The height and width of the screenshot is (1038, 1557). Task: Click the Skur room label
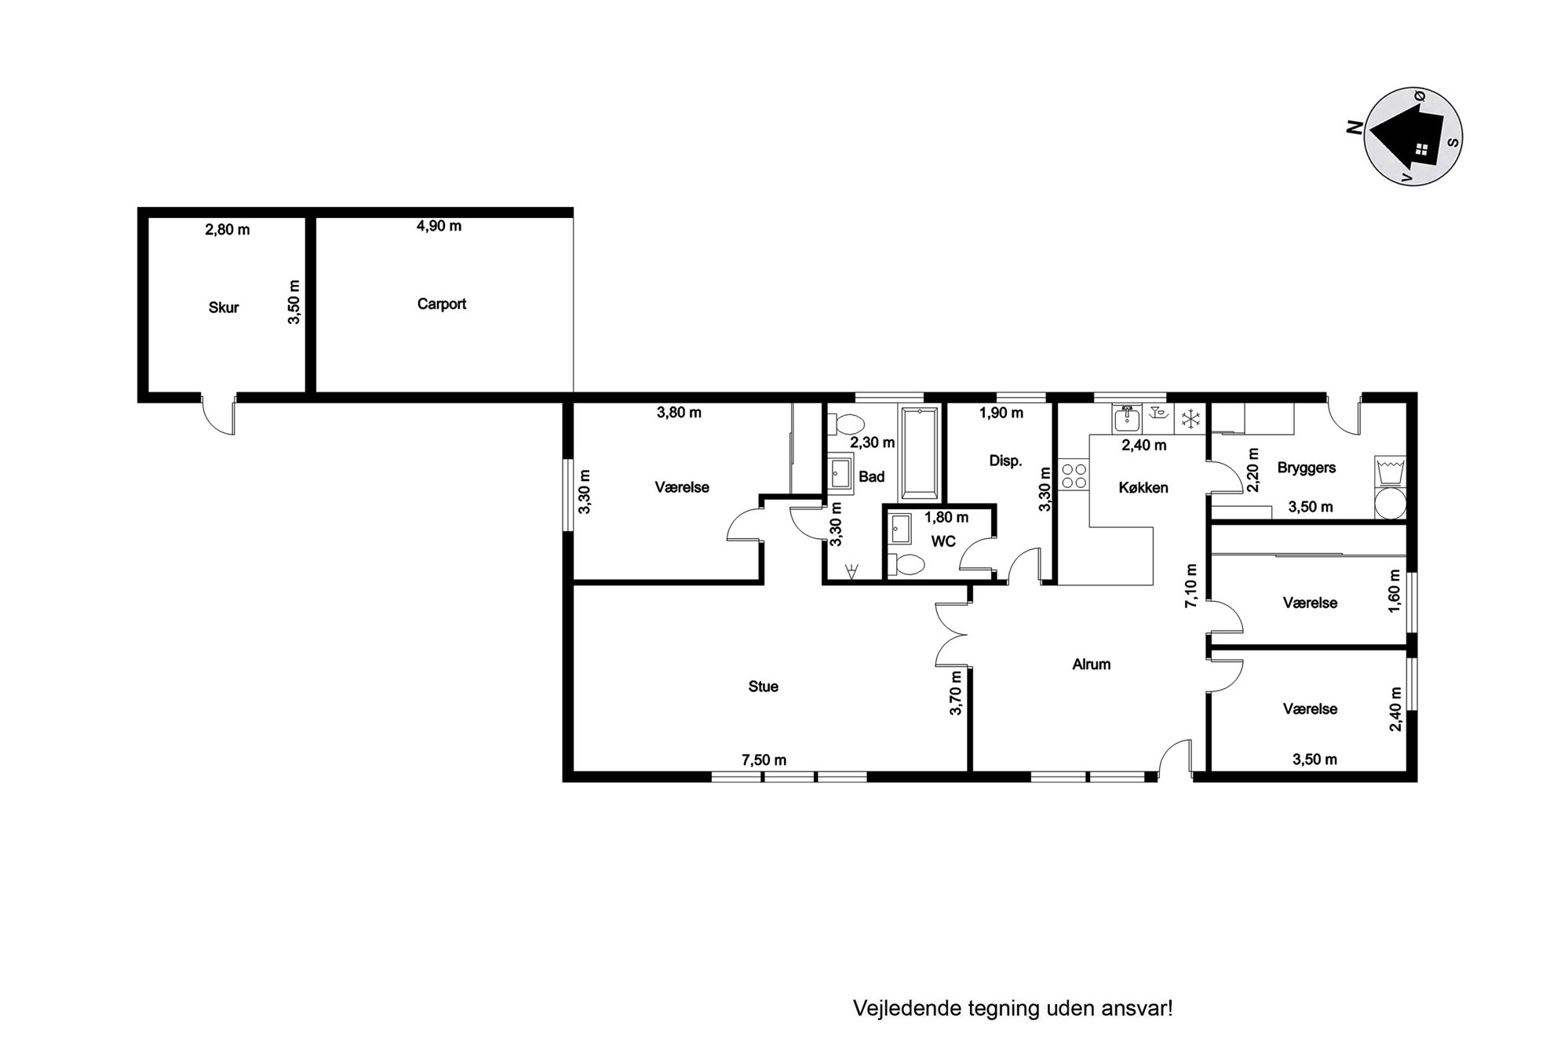pyautogui.click(x=224, y=308)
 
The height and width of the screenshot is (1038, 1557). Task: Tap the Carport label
pyautogui.click(x=442, y=304)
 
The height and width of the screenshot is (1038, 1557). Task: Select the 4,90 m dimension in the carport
pyautogui.click(x=439, y=226)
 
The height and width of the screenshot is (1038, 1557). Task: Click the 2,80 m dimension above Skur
pyautogui.click(x=228, y=230)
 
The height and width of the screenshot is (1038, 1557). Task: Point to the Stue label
pyautogui.click(x=764, y=687)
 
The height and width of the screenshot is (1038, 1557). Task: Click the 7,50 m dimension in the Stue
pyautogui.click(x=764, y=759)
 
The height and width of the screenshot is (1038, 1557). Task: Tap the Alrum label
pyautogui.click(x=1092, y=665)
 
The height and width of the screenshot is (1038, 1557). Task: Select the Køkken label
pyautogui.click(x=1143, y=488)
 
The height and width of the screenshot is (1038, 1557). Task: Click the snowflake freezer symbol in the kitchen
pyautogui.click(x=1191, y=419)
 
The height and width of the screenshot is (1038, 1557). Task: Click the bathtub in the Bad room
pyautogui.click(x=920, y=453)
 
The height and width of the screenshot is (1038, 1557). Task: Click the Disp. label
pyautogui.click(x=1005, y=461)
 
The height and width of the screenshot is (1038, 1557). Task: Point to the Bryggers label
pyautogui.click(x=1307, y=468)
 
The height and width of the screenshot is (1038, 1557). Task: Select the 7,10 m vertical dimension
pyautogui.click(x=1191, y=585)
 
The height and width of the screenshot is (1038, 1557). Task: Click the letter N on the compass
pyautogui.click(x=1353, y=127)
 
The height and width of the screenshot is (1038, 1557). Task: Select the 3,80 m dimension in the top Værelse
pyautogui.click(x=679, y=413)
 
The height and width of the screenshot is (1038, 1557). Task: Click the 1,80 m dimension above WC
pyautogui.click(x=946, y=518)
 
